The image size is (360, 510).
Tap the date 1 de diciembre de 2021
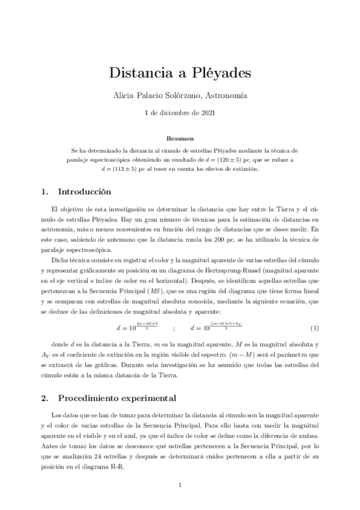coord(180,112)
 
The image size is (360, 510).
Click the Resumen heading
coord(180,138)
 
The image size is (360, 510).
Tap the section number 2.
coord(44,398)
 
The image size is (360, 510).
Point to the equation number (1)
coord(314,328)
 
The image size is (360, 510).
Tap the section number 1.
coord(44,192)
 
